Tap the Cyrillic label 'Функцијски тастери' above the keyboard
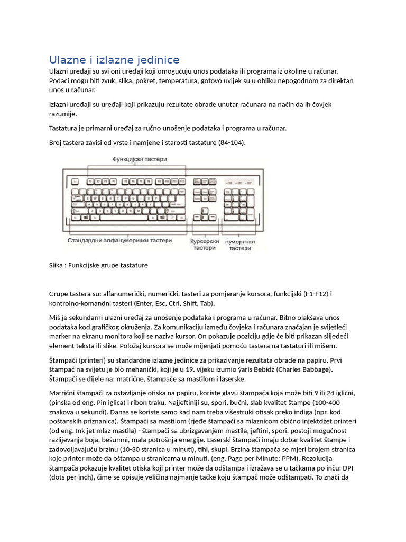coord(139,158)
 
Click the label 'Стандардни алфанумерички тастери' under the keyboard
coord(119,240)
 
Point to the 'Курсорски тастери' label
coord(204,245)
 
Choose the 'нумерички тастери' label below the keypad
coord(240,245)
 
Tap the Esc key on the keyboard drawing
coord(75,182)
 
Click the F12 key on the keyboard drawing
coord(182,182)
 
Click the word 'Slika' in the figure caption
coord(57,265)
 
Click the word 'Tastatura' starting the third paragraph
coord(64,128)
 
